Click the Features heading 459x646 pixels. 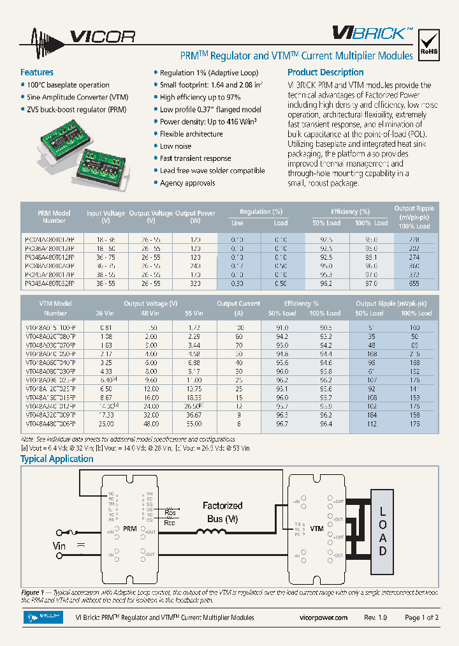37,72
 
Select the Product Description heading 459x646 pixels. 325,72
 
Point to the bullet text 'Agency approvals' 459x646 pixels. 187,183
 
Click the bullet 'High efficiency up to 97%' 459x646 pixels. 200,97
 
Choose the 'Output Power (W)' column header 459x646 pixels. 195,217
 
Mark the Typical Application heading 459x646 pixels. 57,459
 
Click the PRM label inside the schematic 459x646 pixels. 129,529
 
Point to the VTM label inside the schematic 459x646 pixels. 316,529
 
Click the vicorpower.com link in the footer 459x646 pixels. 323,617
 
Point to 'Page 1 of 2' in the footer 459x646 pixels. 421,617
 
